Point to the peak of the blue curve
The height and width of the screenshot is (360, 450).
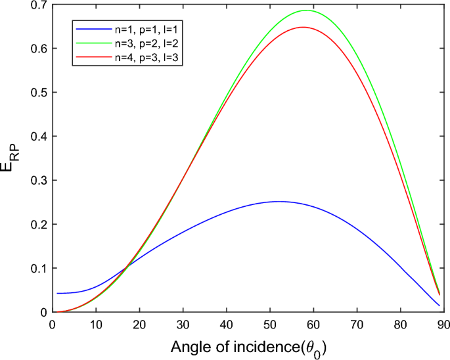pos(279,202)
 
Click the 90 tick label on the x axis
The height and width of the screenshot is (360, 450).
pos(443,323)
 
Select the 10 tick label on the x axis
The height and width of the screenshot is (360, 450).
pos(96,323)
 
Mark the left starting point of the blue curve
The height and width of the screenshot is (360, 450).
pos(57,293)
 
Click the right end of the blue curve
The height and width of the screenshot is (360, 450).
pos(439,305)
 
